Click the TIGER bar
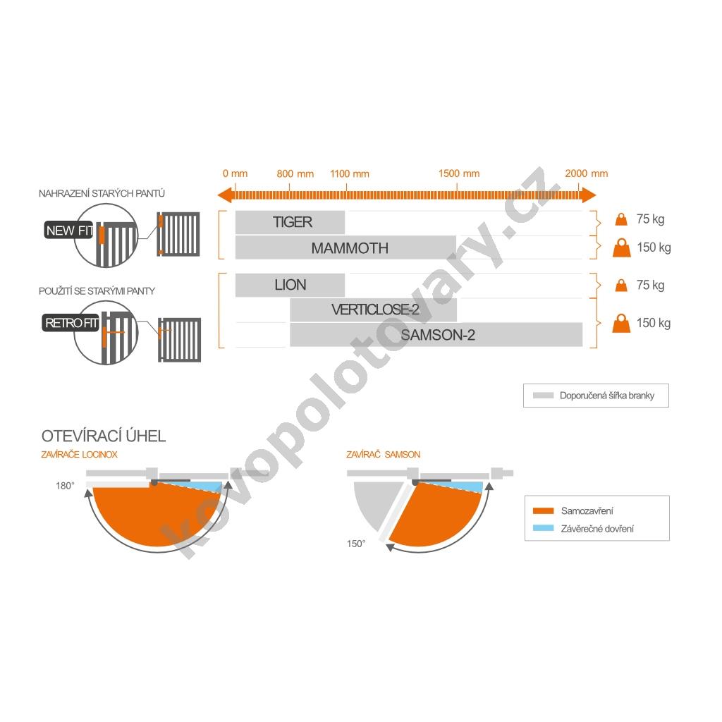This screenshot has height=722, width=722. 290,222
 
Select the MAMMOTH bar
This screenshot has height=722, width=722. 345,247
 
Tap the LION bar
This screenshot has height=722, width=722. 290,285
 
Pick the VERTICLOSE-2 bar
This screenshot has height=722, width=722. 374,310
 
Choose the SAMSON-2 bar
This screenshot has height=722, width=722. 436,335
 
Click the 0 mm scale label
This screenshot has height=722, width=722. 235,173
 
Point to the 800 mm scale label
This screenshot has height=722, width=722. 295,173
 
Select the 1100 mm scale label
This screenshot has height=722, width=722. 350,173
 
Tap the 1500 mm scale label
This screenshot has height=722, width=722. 458,173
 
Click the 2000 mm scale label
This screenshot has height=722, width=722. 586,173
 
